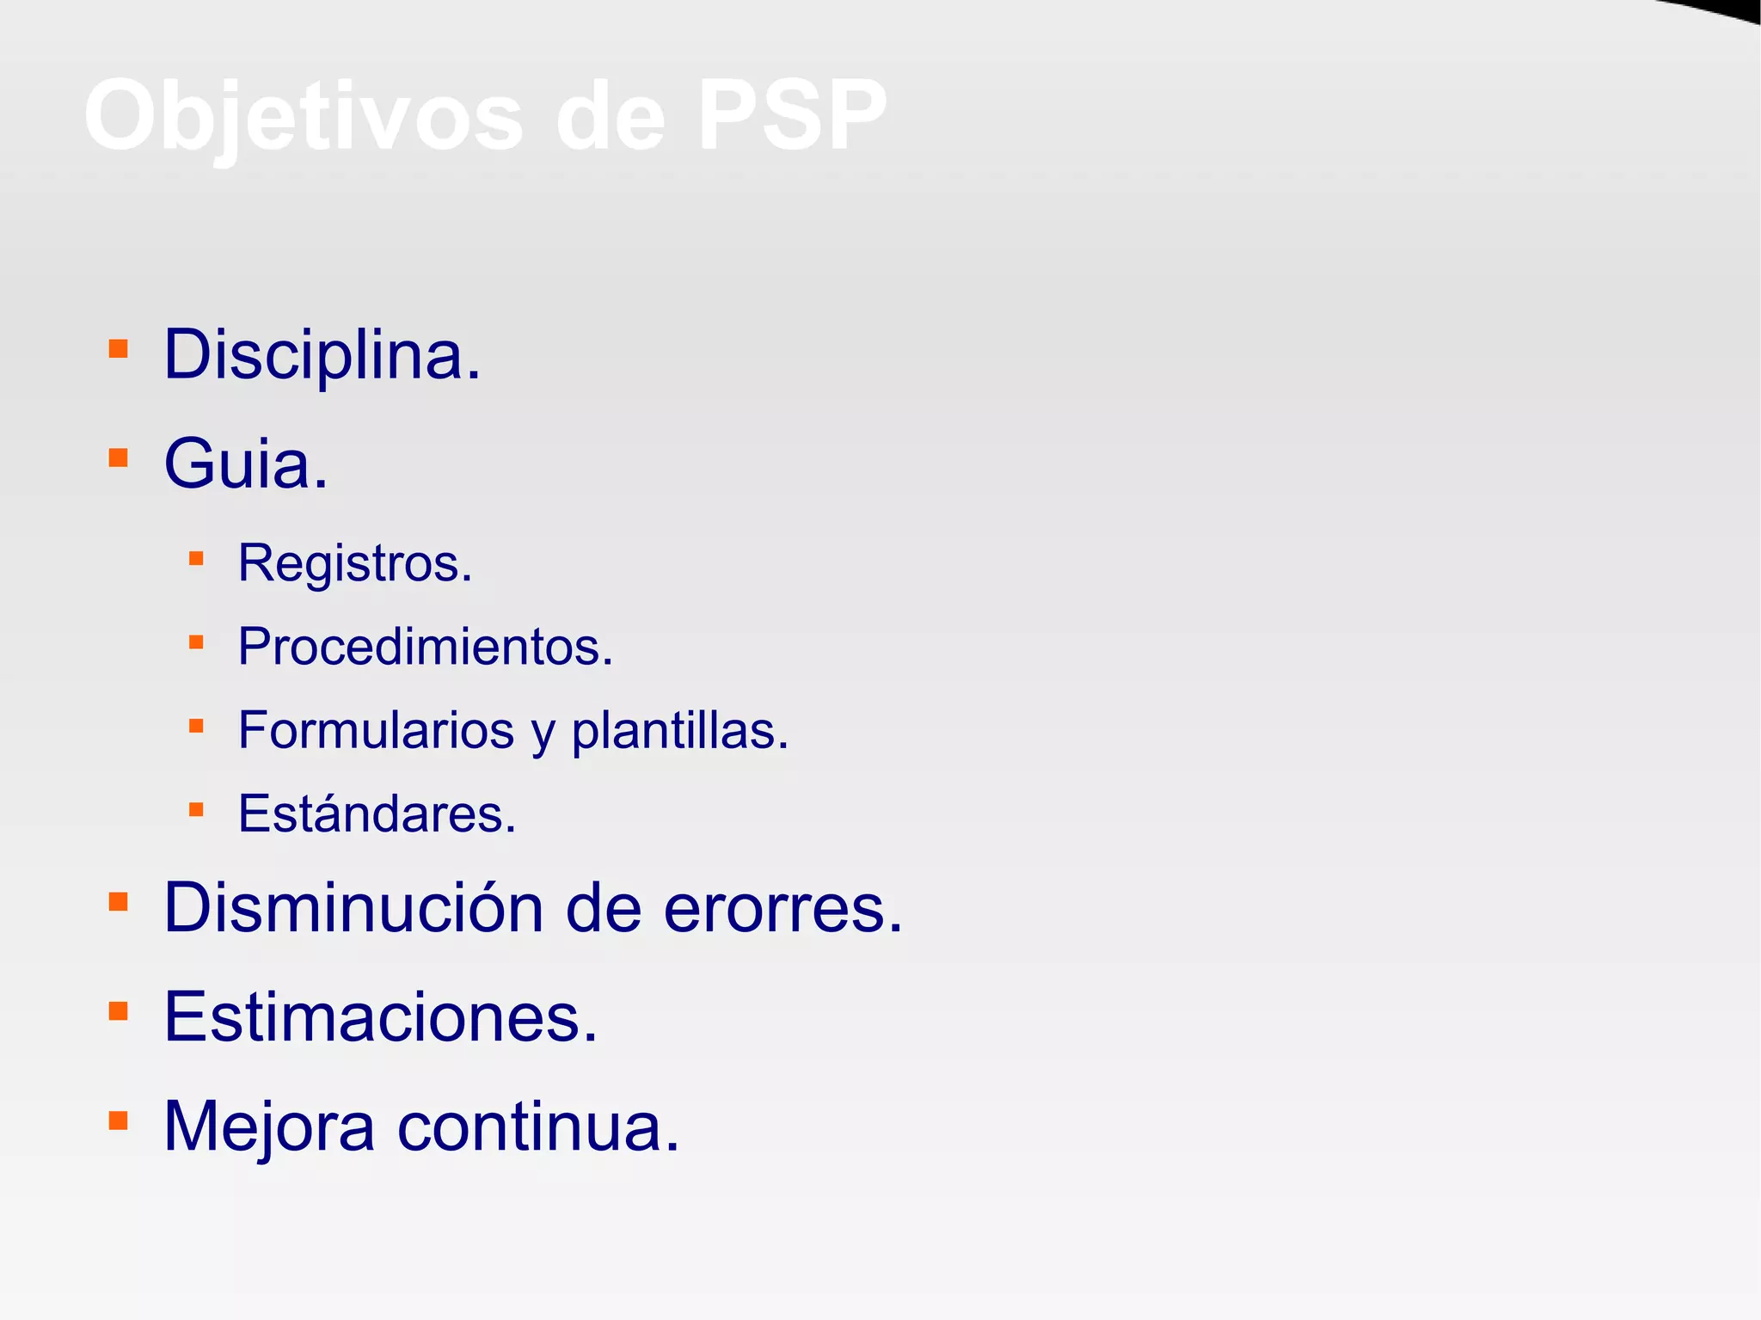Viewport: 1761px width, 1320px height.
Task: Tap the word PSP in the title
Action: click(x=791, y=116)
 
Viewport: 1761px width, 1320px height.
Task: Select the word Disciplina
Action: click(x=322, y=354)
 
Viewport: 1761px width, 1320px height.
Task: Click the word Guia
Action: click(x=246, y=464)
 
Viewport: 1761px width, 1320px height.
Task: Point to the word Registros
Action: click(x=354, y=563)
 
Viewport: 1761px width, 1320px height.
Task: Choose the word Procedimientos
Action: click(x=425, y=647)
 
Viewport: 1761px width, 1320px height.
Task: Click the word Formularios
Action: click(x=376, y=730)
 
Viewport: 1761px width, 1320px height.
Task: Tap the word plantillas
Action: click(x=679, y=730)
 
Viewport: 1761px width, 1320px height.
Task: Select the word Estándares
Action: click(x=377, y=813)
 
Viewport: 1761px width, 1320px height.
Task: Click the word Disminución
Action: click(x=353, y=908)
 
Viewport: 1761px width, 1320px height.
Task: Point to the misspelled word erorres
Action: click(x=782, y=908)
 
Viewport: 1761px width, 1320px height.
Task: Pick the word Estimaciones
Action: click(x=380, y=1017)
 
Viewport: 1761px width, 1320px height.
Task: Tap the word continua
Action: click(x=538, y=1127)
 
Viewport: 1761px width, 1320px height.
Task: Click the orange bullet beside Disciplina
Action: click(x=119, y=348)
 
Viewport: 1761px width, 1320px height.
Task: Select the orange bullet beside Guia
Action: click(x=119, y=457)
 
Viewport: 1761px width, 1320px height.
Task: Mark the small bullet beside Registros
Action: click(x=196, y=559)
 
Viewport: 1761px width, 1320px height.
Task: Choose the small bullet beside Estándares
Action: click(x=196, y=809)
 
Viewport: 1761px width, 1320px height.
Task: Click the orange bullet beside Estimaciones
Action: click(x=119, y=1011)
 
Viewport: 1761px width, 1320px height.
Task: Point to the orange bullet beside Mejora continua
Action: click(x=119, y=1120)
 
